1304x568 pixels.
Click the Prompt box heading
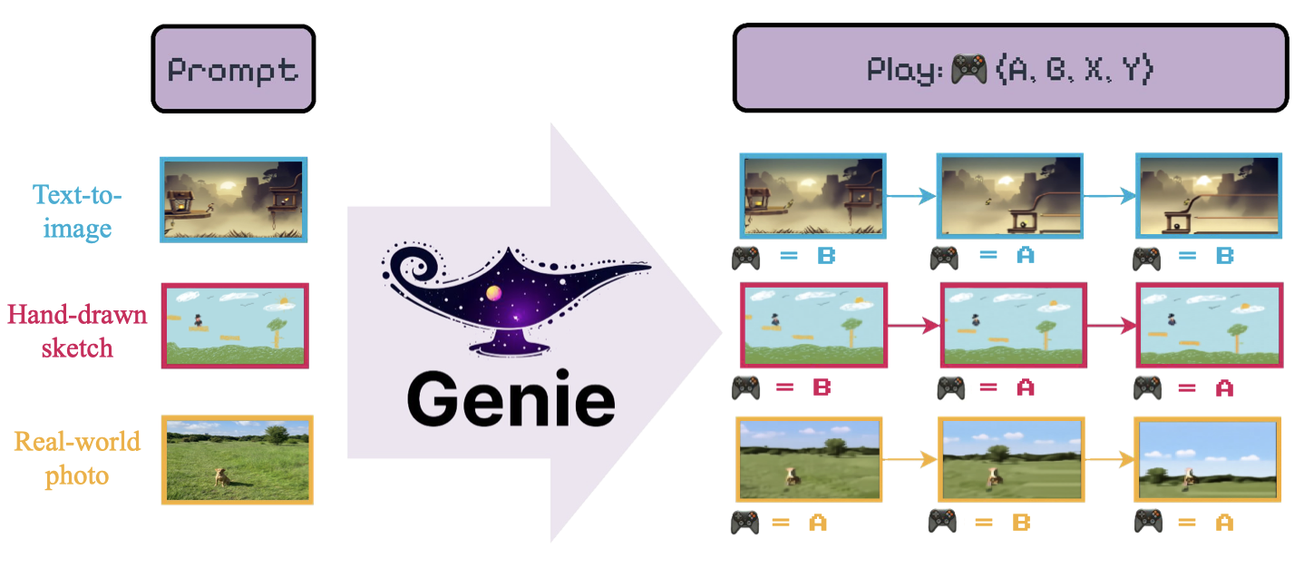pyautogui.click(x=233, y=70)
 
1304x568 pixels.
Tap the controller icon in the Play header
pyautogui.click(x=968, y=71)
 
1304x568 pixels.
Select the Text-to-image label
pyautogui.click(x=77, y=211)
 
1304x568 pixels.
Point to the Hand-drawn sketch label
pyautogui.click(x=77, y=330)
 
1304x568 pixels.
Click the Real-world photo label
pyautogui.click(x=77, y=458)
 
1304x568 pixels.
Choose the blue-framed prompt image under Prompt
pyautogui.click(x=234, y=200)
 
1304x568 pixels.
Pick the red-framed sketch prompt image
pyautogui.click(x=234, y=326)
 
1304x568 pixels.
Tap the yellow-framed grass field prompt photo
pyautogui.click(x=237, y=459)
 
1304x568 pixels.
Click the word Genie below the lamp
pyautogui.click(x=511, y=401)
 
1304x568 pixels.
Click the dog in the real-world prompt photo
pyautogui.click(x=220, y=475)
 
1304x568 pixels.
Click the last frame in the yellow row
pyautogui.click(x=1207, y=459)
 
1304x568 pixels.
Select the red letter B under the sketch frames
pyautogui.click(x=822, y=388)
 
